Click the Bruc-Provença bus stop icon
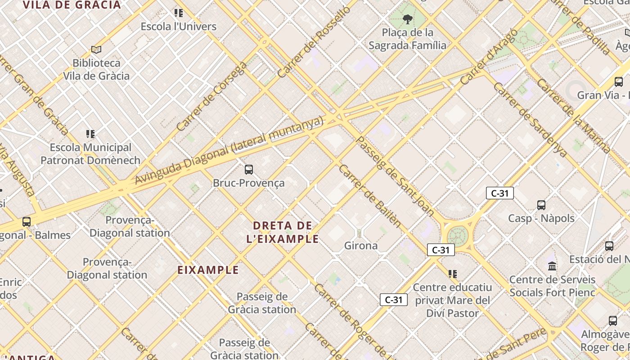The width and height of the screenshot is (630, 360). point(249,170)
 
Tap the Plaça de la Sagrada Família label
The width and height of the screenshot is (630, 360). point(407,39)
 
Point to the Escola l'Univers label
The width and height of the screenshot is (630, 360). point(179,27)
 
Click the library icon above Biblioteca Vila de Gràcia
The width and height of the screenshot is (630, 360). point(96,49)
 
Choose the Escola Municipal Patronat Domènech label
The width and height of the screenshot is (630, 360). point(90,154)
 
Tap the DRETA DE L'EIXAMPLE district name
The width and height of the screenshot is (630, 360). point(283,232)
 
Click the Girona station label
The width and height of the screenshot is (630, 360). point(361,246)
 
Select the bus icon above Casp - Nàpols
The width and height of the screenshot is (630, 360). point(541,205)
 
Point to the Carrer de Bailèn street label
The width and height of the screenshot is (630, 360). point(369,196)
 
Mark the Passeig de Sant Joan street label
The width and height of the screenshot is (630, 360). point(395,176)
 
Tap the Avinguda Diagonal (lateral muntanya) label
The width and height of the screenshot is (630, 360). point(229,150)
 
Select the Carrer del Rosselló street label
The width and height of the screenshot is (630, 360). point(314,42)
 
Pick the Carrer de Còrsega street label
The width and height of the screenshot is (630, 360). point(212,96)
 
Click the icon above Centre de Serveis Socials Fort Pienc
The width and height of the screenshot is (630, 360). point(552,266)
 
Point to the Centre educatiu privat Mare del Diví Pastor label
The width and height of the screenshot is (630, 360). point(452,300)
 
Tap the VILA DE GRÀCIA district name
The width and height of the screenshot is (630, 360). point(72,5)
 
